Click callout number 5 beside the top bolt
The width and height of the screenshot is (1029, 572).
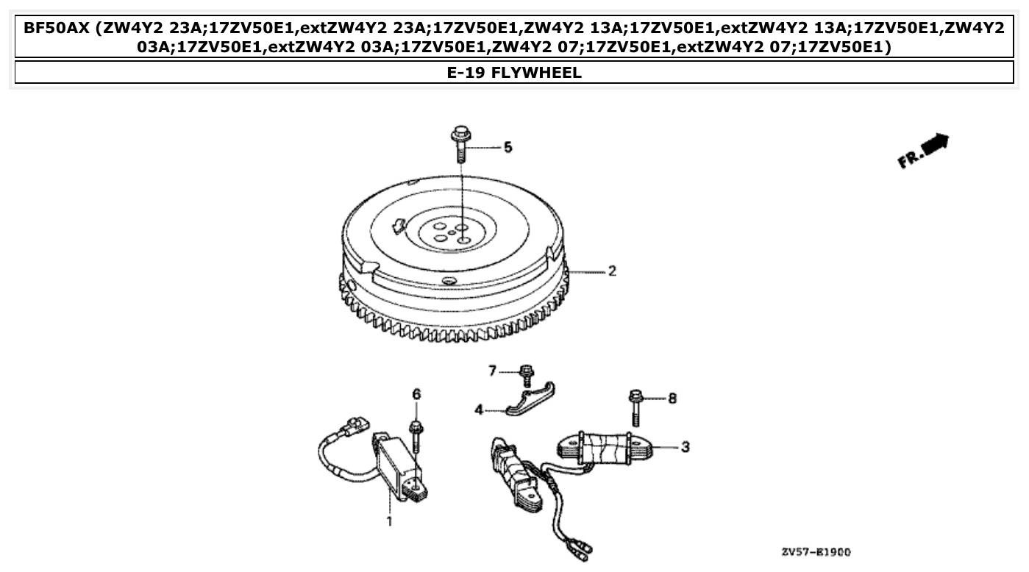tap(508, 148)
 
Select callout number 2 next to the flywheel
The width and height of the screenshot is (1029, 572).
tap(611, 271)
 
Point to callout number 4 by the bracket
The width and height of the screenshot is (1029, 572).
tap(479, 410)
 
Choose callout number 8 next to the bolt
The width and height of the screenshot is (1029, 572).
tap(672, 398)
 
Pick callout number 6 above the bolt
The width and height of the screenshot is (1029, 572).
tap(416, 395)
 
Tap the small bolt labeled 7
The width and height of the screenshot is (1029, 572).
tap(526, 375)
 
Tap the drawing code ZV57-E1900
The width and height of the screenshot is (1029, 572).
tap(817, 551)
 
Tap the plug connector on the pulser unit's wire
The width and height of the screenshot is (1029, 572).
tap(352, 426)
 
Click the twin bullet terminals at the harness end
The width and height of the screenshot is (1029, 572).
tap(581, 547)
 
